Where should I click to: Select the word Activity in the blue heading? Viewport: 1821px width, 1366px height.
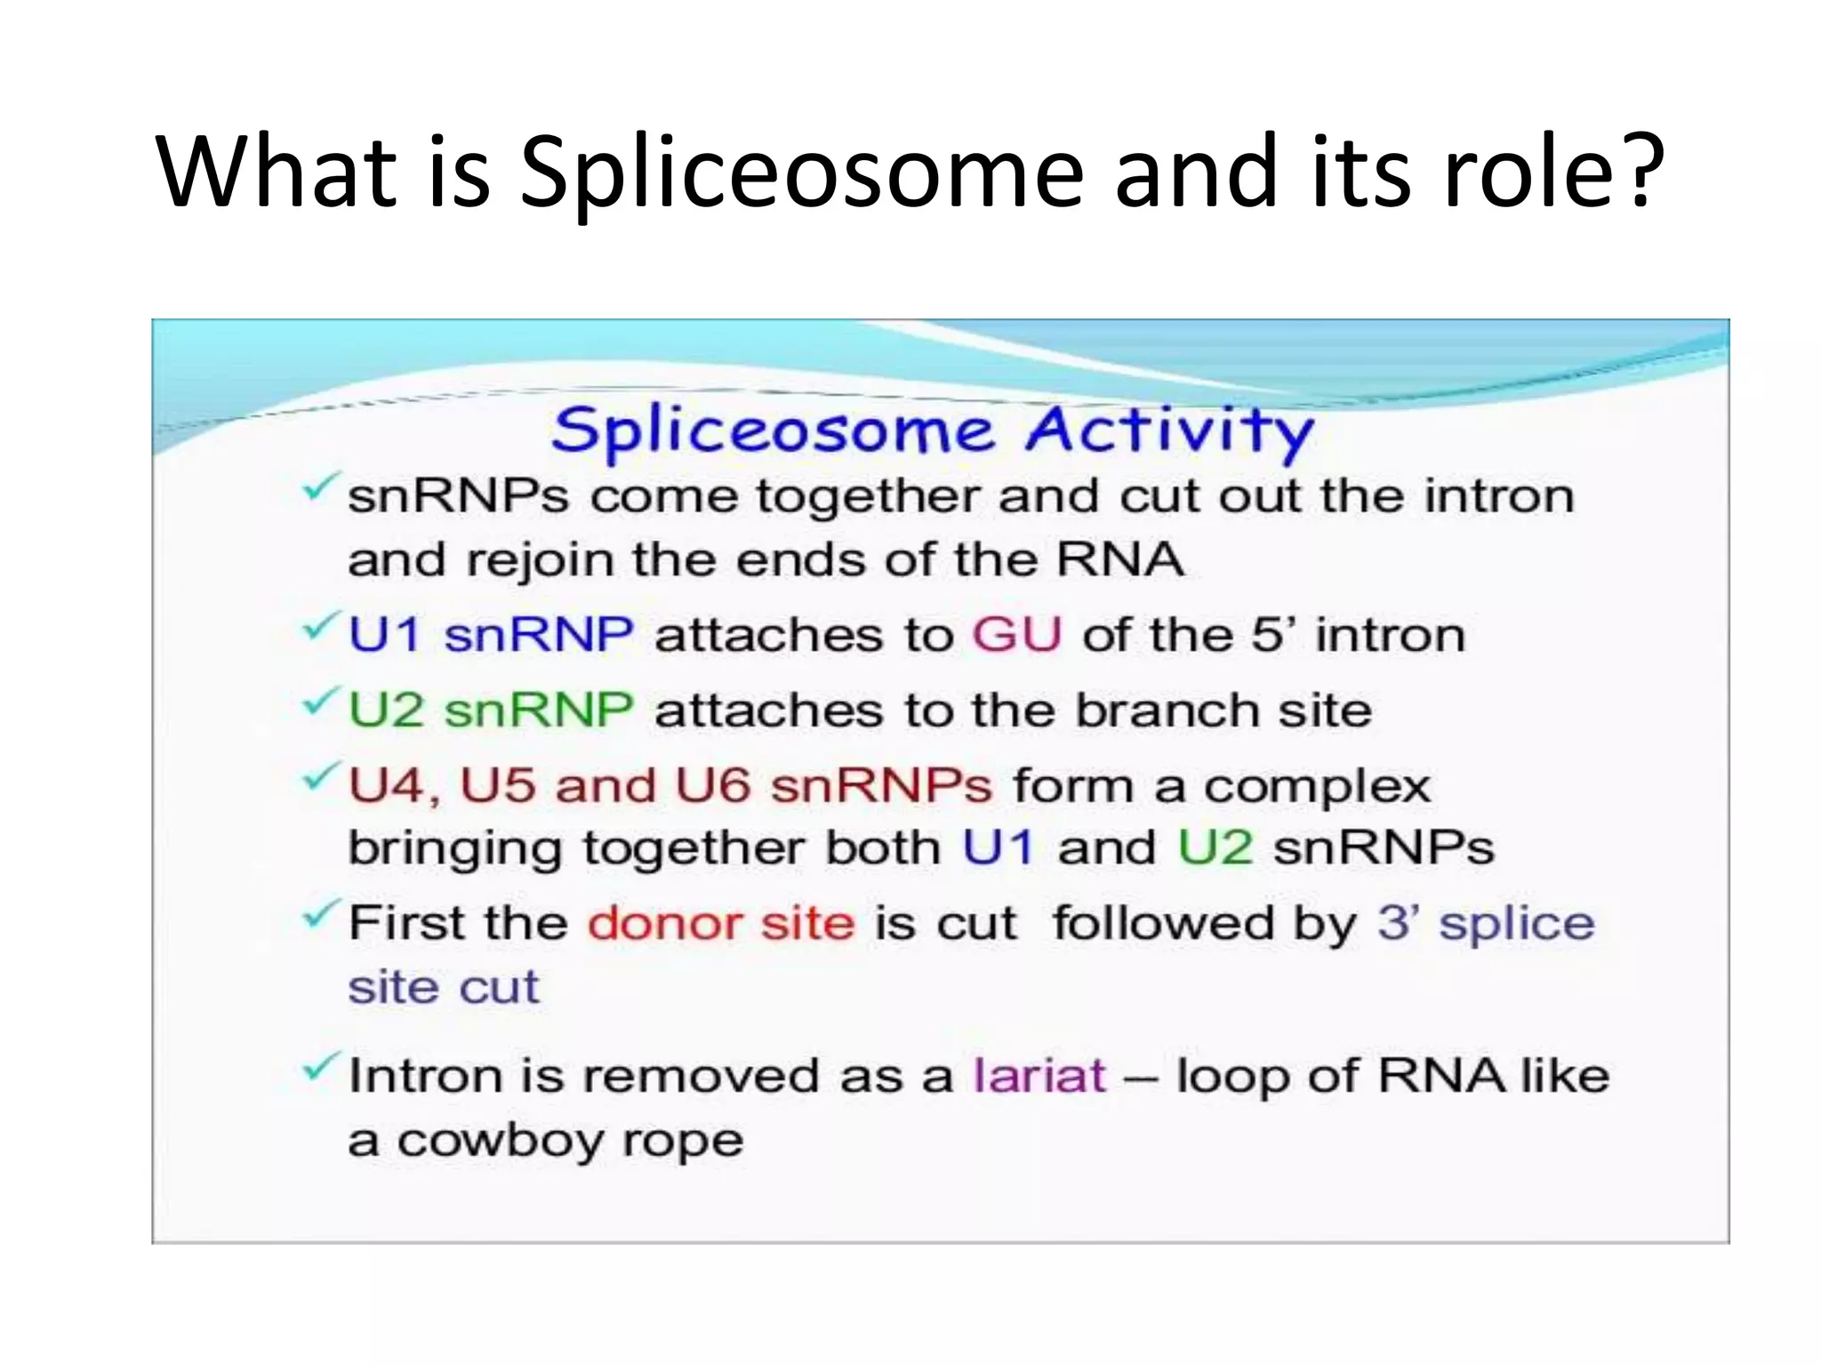point(1168,431)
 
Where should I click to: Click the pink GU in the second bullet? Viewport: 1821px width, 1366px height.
point(1016,635)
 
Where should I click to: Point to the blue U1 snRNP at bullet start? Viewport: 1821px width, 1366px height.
point(490,635)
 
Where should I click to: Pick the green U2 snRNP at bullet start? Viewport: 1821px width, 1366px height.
point(490,711)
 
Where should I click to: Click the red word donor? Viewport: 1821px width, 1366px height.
point(663,923)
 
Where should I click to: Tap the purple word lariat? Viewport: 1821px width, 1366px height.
point(1039,1075)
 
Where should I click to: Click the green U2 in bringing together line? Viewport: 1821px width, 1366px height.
point(1215,848)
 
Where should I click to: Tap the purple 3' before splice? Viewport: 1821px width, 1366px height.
point(1398,923)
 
